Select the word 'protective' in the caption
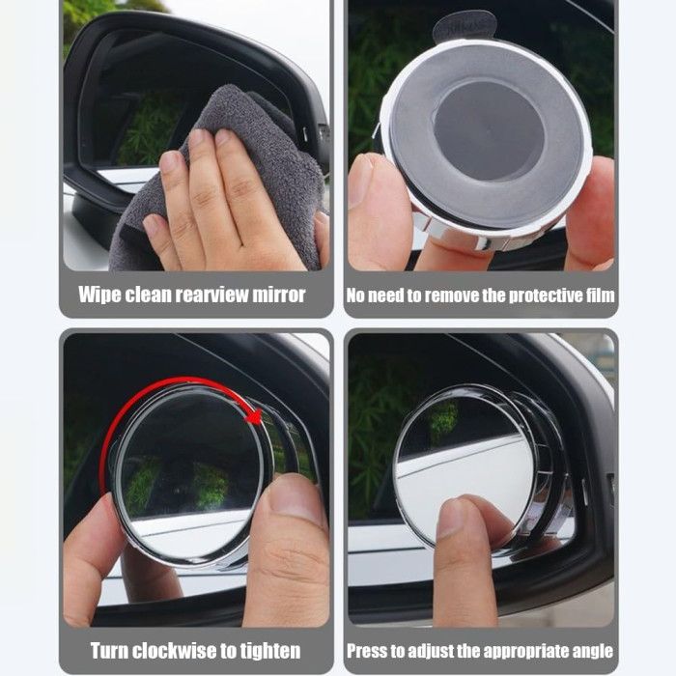pos(546,296)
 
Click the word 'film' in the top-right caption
pos(600,296)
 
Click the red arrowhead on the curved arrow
pos(254,416)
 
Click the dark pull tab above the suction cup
pos(464,26)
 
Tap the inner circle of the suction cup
pos(489,129)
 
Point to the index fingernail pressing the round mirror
pos(451,516)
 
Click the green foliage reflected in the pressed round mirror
pos(444,417)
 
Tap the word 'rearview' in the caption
pos(212,295)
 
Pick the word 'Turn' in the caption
pos(109,651)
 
